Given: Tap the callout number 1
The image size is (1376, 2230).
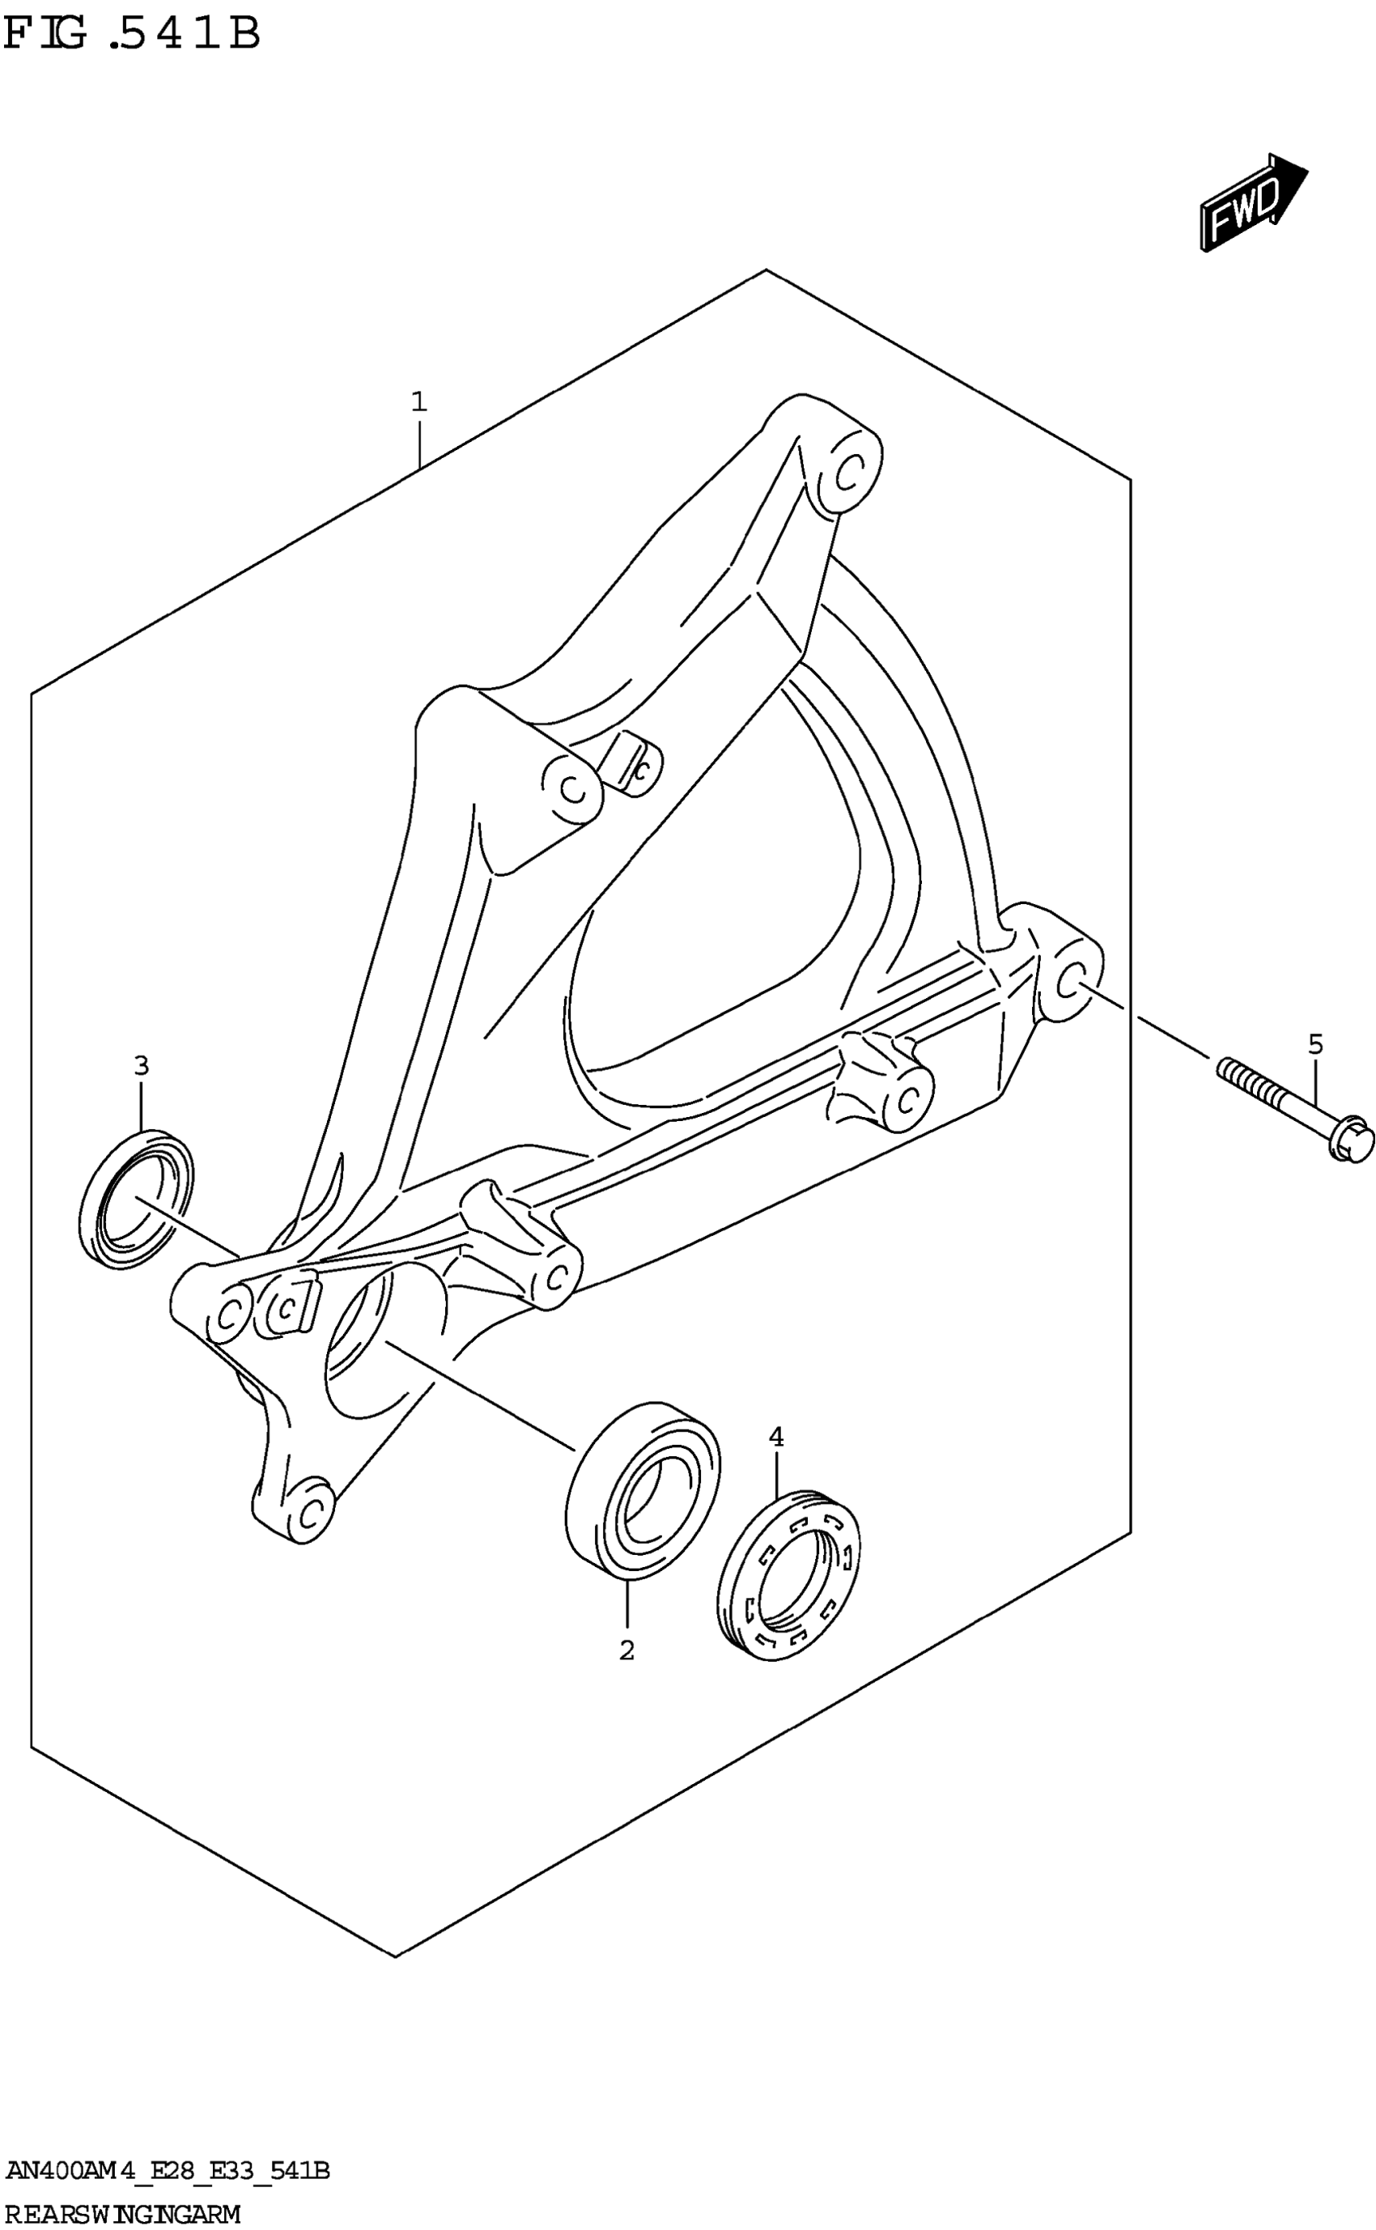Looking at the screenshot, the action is coord(418,401).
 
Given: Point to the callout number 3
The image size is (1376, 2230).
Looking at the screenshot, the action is coord(141,1064).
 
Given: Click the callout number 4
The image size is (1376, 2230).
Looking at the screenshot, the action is coord(775,1437).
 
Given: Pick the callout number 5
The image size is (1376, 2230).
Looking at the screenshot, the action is coord(1315,1043).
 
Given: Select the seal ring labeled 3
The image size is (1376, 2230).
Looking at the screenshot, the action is coord(137,1198).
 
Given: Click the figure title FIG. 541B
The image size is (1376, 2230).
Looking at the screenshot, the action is coord(132,35).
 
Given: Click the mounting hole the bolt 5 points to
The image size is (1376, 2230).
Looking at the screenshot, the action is coord(1071,983).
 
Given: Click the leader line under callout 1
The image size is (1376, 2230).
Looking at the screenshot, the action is coord(418,442).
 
